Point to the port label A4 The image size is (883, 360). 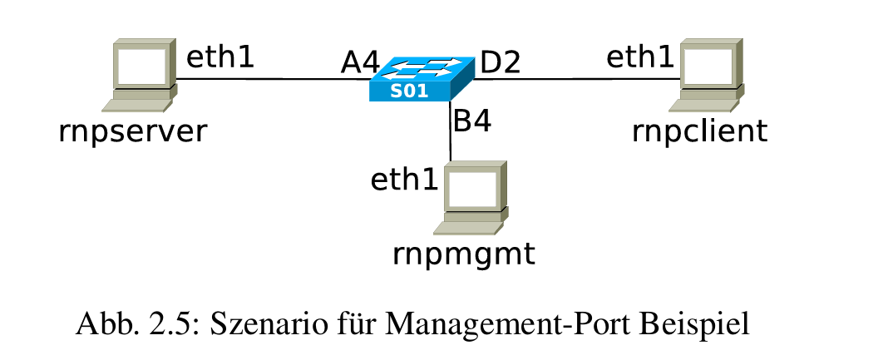tap(359, 64)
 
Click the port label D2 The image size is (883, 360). tap(501, 62)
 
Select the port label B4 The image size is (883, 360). tap(471, 121)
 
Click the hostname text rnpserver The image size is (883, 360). tap(131, 131)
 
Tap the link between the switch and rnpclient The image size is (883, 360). tap(574, 80)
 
